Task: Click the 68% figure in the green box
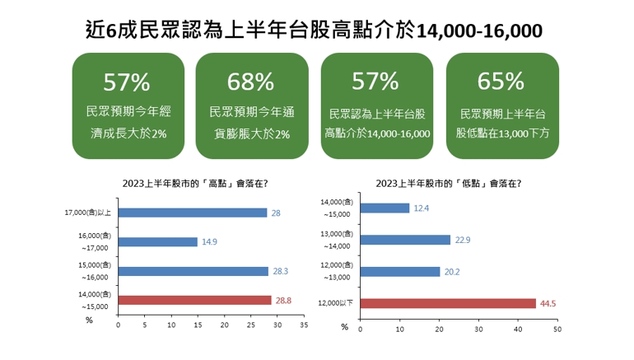coord(252,82)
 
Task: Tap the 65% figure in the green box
coord(501,82)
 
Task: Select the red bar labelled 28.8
coord(194,301)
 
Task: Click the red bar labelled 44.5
coord(448,302)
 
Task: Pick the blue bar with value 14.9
coord(158,242)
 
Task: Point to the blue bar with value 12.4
coord(385,208)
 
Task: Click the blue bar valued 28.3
coord(193,271)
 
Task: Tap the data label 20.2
coord(453,271)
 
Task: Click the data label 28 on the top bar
coord(276,213)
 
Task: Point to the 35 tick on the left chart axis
coord(303,325)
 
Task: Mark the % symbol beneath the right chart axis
coord(344,326)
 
